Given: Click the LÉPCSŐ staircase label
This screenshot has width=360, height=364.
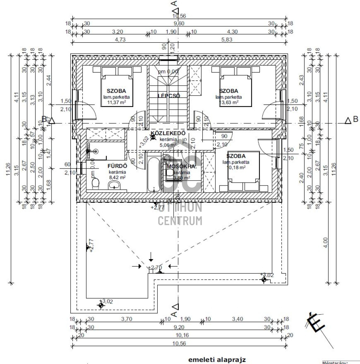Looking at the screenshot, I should [x=169, y=96].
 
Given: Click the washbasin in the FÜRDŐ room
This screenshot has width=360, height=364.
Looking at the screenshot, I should [x=114, y=184].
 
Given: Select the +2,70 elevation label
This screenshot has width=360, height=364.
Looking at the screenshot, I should [x=155, y=267].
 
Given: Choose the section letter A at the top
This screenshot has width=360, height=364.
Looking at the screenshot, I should [x=174, y=4].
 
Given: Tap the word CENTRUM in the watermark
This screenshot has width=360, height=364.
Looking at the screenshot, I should [x=180, y=220].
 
